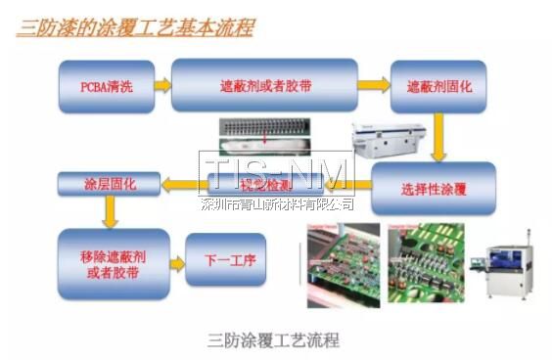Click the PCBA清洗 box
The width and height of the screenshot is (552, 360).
[x=107, y=86]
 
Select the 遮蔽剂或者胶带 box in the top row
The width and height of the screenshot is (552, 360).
[x=264, y=85]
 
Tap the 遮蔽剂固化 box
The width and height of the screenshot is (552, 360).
[x=439, y=86]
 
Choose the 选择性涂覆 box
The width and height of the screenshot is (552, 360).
[x=434, y=188]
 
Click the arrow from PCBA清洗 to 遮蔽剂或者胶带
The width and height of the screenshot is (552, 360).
[x=162, y=86]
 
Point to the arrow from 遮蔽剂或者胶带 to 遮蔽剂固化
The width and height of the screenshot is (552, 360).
[x=373, y=85]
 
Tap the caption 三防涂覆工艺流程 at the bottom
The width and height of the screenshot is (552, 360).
[x=274, y=340]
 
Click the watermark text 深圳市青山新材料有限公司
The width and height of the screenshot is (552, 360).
[x=277, y=203]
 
